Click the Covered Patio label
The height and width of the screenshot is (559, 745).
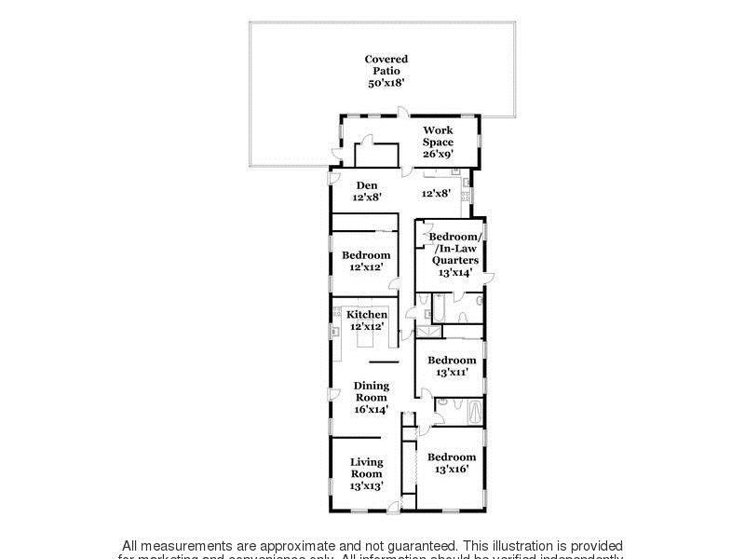click(x=386, y=65)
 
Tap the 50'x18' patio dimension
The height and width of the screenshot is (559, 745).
click(x=386, y=83)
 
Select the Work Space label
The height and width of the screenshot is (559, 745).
click(x=438, y=136)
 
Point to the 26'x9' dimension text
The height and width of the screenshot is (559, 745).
click(x=438, y=154)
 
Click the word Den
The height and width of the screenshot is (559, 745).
click(x=366, y=184)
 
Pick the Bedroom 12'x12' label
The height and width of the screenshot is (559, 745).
click(x=366, y=261)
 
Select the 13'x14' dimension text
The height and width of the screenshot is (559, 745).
click(x=455, y=273)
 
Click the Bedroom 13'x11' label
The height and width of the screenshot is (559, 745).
click(x=451, y=365)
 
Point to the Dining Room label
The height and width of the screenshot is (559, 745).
click(x=371, y=391)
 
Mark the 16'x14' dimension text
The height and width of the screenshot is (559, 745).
click(x=371, y=409)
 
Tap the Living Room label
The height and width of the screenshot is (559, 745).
click(x=366, y=468)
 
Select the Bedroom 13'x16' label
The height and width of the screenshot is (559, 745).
click(x=451, y=463)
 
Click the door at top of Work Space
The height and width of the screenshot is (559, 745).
click(x=400, y=114)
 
